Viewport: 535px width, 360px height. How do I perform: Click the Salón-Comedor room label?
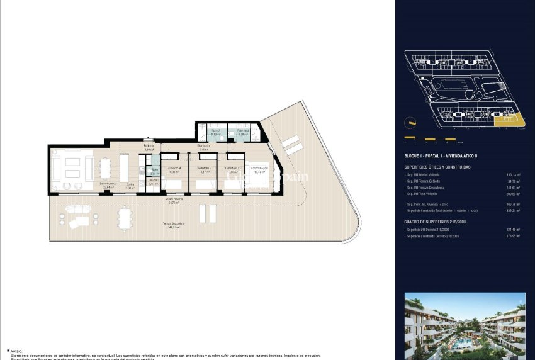coord(108,184)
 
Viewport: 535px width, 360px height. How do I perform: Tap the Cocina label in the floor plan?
coord(130,184)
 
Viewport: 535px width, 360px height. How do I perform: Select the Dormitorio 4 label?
coord(174,169)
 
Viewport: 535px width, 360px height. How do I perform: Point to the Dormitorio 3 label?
coord(204,169)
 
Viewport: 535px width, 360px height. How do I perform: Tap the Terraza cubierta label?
coord(174,200)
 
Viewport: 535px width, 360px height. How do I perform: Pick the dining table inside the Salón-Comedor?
coord(104,169)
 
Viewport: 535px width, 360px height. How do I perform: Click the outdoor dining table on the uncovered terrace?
coord(125,219)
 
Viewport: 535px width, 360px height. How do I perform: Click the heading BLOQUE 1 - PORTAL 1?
coord(444,155)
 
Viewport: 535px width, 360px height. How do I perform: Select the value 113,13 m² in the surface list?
coord(513,175)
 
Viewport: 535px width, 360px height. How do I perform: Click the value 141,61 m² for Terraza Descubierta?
coord(513,188)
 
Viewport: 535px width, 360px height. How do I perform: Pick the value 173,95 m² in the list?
coord(513,237)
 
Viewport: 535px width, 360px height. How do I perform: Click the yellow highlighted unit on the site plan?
coord(507,120)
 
